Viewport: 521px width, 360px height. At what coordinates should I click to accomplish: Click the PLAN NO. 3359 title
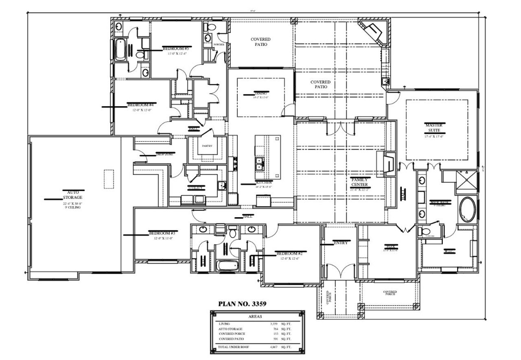click(x=242, y=303)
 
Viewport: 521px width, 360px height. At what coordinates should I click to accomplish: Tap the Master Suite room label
click(x=433, y=127)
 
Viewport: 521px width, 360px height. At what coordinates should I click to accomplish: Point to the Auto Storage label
click(x=73, y=194)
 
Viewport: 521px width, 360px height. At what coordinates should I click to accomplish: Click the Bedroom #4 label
click(x=140, y=105)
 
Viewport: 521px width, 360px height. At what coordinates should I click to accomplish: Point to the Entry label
click(x=340, y=243)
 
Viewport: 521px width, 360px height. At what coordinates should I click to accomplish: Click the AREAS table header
click(x=255, y=316)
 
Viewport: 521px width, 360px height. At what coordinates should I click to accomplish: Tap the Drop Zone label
click(x=165, y=154)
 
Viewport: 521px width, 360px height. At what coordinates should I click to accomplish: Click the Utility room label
click(x=196, y=188)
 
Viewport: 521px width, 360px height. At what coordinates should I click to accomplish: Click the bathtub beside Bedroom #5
click(x=121, y=50)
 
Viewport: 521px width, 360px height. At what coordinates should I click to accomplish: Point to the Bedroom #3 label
click(x=162, y=233)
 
